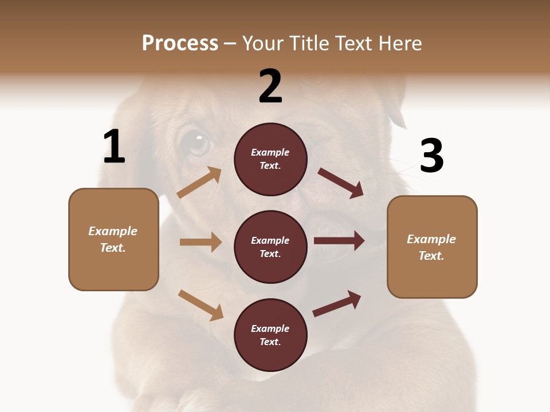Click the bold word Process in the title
click(180, 43)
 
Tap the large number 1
click(114, 147)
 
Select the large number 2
click(270, 86)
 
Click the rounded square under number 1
click(113, 239)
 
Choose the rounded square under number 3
click(432, 247)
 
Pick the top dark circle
click(270, 159)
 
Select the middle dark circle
click(270, 247)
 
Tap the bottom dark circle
click(270, 335)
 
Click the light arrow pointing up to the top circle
click(199, 183)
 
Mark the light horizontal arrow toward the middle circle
click(201, 242)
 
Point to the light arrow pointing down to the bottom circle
click(201, 305)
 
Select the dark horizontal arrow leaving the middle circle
click(339, 241)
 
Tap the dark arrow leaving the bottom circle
click(337, 303)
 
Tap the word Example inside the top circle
click(270, 152)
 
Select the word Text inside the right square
click(430, 256)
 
